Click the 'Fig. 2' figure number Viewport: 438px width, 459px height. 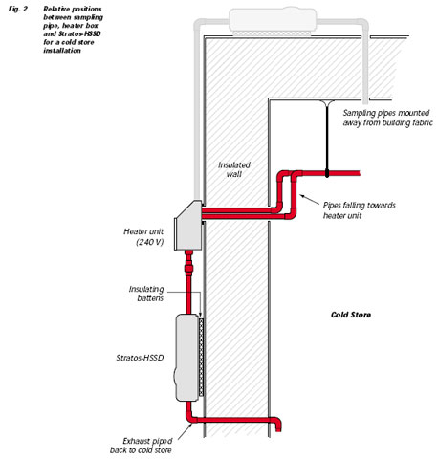pyautogui.click(x=18, y=9)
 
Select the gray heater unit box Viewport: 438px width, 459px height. pyautogui.click(x=188, y=226)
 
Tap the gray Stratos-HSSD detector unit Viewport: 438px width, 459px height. pyautogui.click(x=187, y=358)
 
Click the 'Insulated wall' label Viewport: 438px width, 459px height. pyautogui.click(x=234, y=169)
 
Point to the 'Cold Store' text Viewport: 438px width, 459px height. pyautogui.click(x=351, y=315)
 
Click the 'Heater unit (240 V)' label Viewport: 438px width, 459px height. pyautogui.click(x=143, y=236)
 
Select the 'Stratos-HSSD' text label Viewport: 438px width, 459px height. pyautogui.click(x=140, y=358)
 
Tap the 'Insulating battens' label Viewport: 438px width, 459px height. pyautogui.click(x=146, y=294)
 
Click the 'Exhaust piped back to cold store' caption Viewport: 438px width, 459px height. pyautogui.click(x=141, y=446)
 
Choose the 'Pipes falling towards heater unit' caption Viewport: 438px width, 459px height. pyautogui.click(x=360, y=210)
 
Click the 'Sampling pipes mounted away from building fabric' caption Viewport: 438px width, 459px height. pyautogui.click(x=388, y=118)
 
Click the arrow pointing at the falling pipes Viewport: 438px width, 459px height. pyautogui.click(x=309, y=200)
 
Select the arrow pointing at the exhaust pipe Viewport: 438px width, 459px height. pyautogui.click(x=186, y=431)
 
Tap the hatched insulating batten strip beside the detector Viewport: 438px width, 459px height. pyautogui.click(x=201, y=357)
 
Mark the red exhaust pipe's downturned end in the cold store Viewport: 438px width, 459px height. pyautogui.click(x=278, y=428)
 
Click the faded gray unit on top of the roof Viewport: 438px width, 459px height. pyautogui.click(x=273, y=20)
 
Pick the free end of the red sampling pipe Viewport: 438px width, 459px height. pyautogui.click(x=360, y=173)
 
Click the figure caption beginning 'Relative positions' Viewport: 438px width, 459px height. pyautogui.click(x=73, y=30)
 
